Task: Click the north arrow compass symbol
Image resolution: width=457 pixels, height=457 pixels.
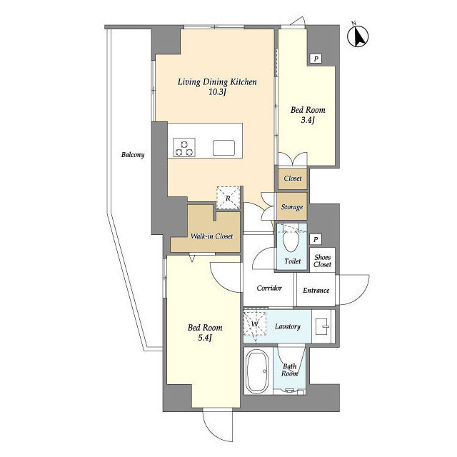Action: click(x=358, y=36)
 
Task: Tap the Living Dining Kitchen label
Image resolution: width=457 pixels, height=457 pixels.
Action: click(x=217, y=82)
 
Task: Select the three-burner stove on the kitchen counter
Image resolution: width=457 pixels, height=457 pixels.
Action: click(x=184, y=148)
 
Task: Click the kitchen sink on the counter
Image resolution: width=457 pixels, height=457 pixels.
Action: click(x=224, y=148)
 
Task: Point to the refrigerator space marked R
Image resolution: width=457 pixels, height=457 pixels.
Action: click(x=228, y=198)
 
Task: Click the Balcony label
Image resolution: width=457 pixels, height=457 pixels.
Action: click(x=133, y=154)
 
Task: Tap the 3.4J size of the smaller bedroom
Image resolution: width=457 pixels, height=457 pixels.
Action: click(x=308, y=120)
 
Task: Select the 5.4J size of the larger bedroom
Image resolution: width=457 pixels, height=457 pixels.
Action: click(x=205, y=338)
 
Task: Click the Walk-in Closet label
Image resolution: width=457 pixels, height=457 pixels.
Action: click(x=211, y=236)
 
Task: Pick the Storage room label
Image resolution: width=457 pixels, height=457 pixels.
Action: click(x=292, y=207)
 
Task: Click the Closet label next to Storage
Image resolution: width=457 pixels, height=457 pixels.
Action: click(x=293, y=178)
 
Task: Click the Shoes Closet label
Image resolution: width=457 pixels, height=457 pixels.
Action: click(x=322, y=261)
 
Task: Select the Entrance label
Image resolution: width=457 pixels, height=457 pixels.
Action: click(x=316, y=291)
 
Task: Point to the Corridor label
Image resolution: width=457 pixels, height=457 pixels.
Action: click(x=269, y=288)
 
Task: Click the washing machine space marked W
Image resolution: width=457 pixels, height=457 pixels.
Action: click(x=255, y=323)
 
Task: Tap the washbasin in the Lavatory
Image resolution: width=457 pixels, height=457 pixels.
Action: click(x=323, y=326)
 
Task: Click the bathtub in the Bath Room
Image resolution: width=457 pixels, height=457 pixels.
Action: click(x=257, y=371)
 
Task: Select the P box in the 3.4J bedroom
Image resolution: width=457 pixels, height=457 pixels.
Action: click(x=316, y=59)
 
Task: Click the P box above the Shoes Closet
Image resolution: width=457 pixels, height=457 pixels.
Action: click(x=316, y=240)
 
